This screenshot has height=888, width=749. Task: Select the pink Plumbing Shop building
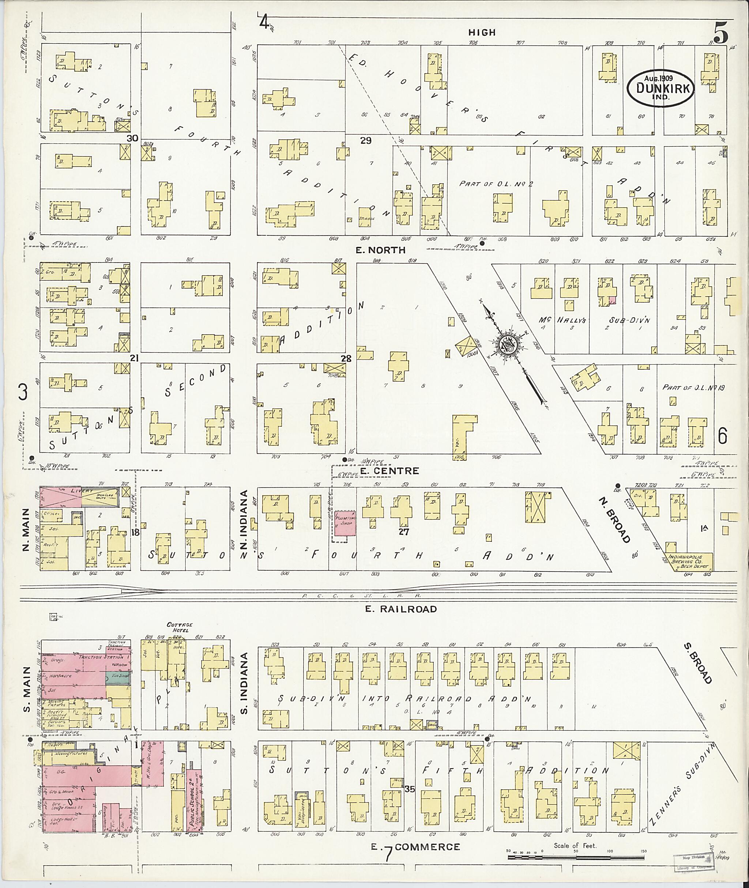click(x=345, y=523)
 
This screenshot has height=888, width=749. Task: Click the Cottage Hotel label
click(x=180, y=627)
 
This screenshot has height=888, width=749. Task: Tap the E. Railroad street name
click(x=401, y=609)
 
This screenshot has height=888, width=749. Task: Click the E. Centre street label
click(x=390, y=471)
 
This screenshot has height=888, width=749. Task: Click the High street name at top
click(x=482, y=32)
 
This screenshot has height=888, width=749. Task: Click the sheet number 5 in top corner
click(x=720, y=33)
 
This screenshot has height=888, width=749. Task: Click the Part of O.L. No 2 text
click(x=496, y=184)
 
